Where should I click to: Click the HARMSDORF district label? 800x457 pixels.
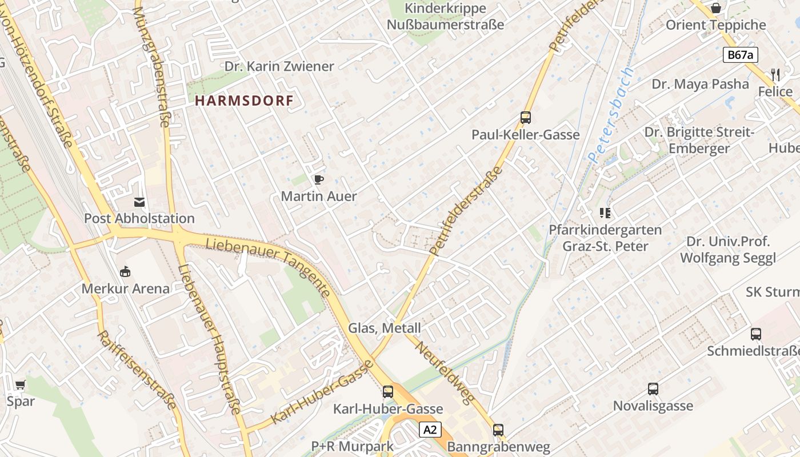(x=244, y=101)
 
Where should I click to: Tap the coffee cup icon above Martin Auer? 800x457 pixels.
(x=319, y=180)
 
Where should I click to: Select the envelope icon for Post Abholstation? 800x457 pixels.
(x=139, y=202)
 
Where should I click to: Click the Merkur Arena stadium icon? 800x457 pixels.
(x=125, y=272)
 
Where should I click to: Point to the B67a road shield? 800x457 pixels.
(x=741, y=55)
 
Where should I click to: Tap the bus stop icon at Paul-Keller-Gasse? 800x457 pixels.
(x=526, y=118)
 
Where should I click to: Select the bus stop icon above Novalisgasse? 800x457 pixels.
(x=653, y=390)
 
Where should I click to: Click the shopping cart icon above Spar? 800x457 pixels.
(x=21, y=384)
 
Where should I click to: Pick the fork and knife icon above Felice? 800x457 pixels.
(x=775, y=74)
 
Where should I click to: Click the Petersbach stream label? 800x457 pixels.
(x=611, y=114)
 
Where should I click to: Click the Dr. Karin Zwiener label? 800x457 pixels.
(x=279, y=66)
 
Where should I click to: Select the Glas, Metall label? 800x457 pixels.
(x=384, y=328)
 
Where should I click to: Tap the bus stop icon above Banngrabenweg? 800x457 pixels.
(x=498, y=430)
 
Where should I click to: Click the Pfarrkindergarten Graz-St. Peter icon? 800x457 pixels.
(x=605, y=214)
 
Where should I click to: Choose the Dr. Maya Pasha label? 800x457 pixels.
(x=700, y=84)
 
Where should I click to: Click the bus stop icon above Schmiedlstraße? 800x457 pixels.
(x=756, y=334)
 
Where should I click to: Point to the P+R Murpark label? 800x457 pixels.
(x=352, y=446)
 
